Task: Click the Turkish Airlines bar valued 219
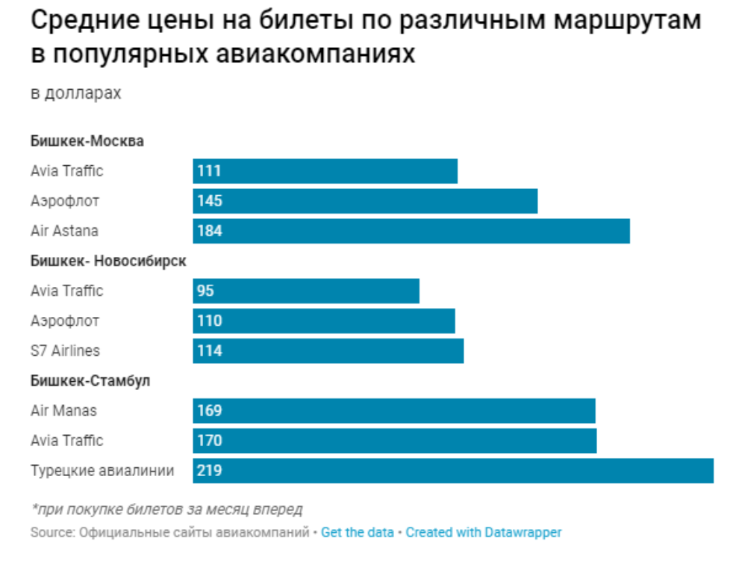pos(453,471)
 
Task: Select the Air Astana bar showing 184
pos(411,231)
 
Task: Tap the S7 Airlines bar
pos(328,351)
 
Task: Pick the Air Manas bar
pos(394,410)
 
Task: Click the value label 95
pos(205,291)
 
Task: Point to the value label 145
pos(210,201)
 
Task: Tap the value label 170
pos(210,441)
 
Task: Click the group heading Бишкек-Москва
pos(87,141)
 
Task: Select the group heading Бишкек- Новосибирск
pos(108,261)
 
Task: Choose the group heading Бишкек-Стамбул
pos(90,380)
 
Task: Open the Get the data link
pos(357,533)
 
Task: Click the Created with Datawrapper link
pos(483,533)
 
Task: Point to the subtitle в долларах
pos(75,93)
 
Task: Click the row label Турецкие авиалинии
pos(102,471)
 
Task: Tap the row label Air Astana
pos(64,231)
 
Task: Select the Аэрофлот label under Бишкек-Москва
pos(65,201)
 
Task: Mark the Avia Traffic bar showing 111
pos(325,171)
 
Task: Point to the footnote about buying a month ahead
pos(166,510)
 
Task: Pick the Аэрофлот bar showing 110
pos(324,321)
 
